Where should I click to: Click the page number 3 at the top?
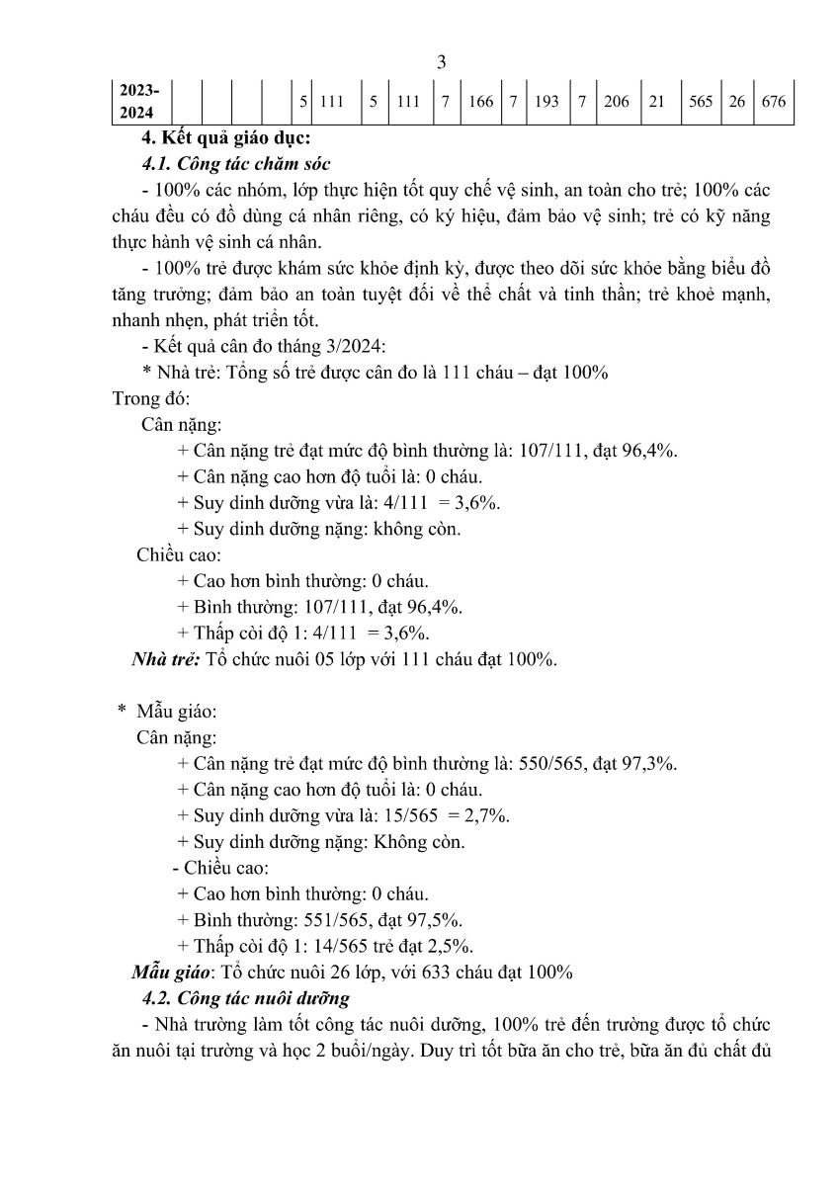tap(442, 62)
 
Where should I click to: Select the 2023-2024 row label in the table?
tap(138, 101)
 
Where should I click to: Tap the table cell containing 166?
tap(481, 101)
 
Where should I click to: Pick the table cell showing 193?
tap(545, 101)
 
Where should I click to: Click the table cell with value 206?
tap(616, 101)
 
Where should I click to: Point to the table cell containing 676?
tap(774, 101)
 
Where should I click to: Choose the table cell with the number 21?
tap(656, 101)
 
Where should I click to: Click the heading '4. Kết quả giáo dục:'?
tap(228, 136)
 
